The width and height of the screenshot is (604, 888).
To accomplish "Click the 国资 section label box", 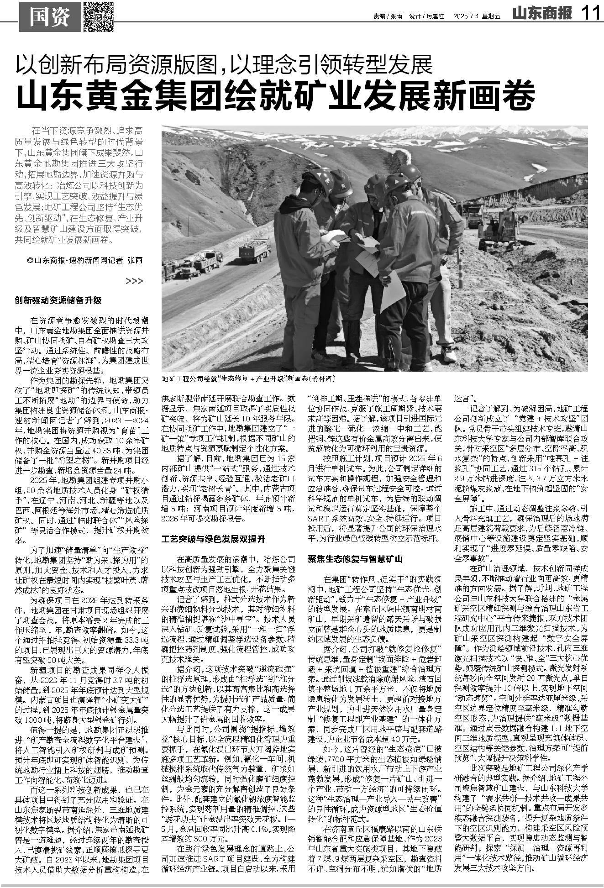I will (49, 17).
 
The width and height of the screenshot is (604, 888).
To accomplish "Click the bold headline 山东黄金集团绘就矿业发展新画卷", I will (276, 95).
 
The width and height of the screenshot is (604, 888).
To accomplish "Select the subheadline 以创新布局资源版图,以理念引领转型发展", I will (224, 64).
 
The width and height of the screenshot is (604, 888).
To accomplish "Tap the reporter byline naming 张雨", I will (84, 260).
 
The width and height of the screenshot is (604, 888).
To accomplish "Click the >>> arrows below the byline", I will (134, 281).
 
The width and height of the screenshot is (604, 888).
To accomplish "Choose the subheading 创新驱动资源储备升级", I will (58, 300).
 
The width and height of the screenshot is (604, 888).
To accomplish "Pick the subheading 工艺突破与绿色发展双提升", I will (213, 539).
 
